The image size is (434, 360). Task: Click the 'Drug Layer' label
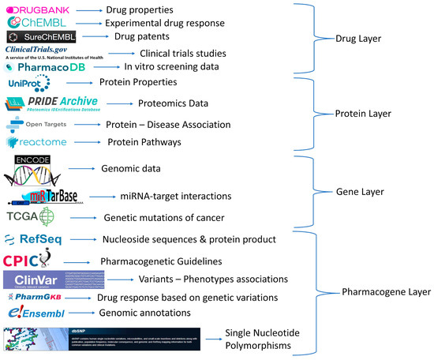[378, 37]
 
